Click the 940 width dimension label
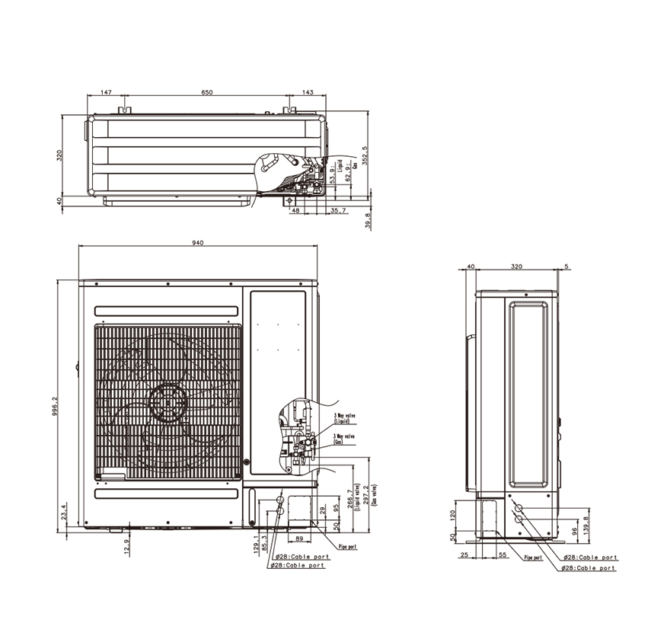pyautogui.click(x=198, y=243)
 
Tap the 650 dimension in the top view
pyautogui.click(x=207, y=92)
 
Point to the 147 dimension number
pyautogui.click(x=106, y=92)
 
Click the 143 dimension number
pyautogui.click(x=308, y=92)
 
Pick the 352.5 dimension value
pyautogui.click(x=365, y=155)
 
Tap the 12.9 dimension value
pyautogui.click(x=126, y=546)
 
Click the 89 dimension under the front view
pyautogui.click(x=298, y=538)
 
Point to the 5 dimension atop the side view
pyautogui.click(x=566, y=267)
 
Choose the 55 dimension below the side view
pyautogui.click(x=503, y=555)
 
